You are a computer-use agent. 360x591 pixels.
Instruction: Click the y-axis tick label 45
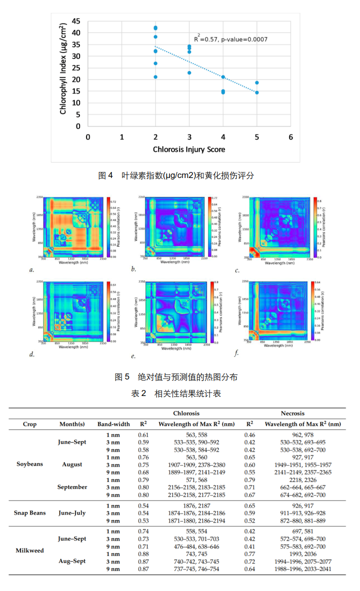tap(76, 21)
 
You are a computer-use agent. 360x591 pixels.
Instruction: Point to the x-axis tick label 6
tap(290, 137)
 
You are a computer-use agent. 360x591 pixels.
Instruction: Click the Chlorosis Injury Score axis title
tap(189, 149)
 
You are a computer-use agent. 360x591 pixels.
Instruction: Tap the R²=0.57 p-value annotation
tap(230, 39)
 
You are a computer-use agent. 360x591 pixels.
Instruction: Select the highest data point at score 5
tap(257, 83)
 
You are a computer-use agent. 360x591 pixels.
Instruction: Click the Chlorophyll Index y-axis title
tap(63, 68)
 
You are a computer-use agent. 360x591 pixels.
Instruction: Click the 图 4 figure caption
tap(176, 175)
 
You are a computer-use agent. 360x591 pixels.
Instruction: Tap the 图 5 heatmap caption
tap(176, 377)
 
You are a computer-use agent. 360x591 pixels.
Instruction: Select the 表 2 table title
tap(176, 393)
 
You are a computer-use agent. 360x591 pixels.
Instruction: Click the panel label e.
tap(133, 356)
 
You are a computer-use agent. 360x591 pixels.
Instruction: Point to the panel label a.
tap(31, 270)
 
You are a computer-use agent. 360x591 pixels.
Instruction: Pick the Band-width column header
tap(113, 424)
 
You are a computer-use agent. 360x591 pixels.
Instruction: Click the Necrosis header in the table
tap(292, 413)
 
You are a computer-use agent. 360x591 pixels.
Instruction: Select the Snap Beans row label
tap(30, 512)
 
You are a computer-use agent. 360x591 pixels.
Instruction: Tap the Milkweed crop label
tap(30, 550)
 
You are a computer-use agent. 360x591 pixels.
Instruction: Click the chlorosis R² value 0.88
tap(143, 554)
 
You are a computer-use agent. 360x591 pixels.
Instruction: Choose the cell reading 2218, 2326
tap(303, 479)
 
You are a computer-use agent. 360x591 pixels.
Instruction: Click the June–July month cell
tap(72, 512)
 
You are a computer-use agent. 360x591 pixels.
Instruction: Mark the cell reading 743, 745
tap(196, 554)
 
